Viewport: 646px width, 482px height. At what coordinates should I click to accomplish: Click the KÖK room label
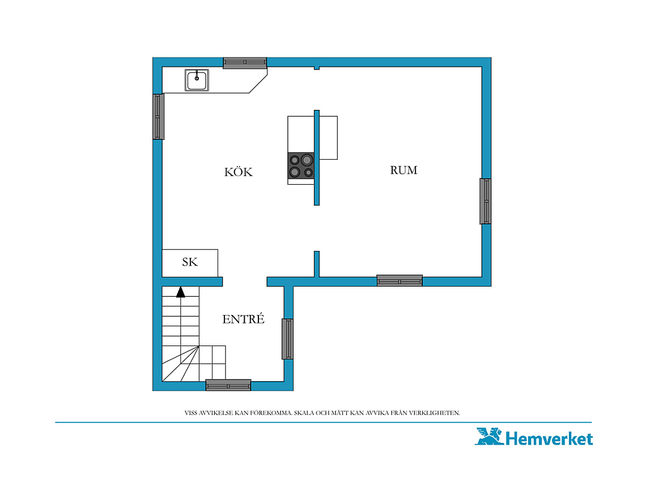click(x=238, y=172)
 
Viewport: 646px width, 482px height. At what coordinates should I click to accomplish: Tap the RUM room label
click(x=403, y=170)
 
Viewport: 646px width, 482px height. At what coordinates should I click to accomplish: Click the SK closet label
click(x=190, y=262)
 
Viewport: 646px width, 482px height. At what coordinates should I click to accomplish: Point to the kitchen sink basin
click(x=197, y=80)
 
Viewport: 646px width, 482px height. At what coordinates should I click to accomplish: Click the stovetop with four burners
click(x=301, y=165)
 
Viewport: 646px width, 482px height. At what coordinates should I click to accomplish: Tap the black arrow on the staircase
click(x=180, y=292)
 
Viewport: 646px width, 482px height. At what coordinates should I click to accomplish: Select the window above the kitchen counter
click(x=245, y=63)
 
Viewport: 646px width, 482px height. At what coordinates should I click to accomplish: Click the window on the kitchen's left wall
click(x=159, y=117)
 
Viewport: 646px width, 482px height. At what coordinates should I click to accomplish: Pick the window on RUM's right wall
click(x=485, y=201)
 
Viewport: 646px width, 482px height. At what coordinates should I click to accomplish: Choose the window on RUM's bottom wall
click(x=399, y=280)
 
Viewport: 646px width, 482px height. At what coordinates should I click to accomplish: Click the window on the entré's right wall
click(x=287, y=339)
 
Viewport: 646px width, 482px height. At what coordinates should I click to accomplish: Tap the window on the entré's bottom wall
click(x=228, y=385)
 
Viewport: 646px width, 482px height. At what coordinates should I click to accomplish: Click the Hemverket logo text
click(x=549, y=438)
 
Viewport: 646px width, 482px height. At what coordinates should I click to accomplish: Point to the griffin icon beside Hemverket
click(x=490, y=436)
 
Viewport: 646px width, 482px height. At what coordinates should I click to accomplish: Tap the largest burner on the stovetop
click(x=307, y=159)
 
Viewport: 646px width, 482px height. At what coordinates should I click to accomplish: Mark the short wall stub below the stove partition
click(x=316, y=264)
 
